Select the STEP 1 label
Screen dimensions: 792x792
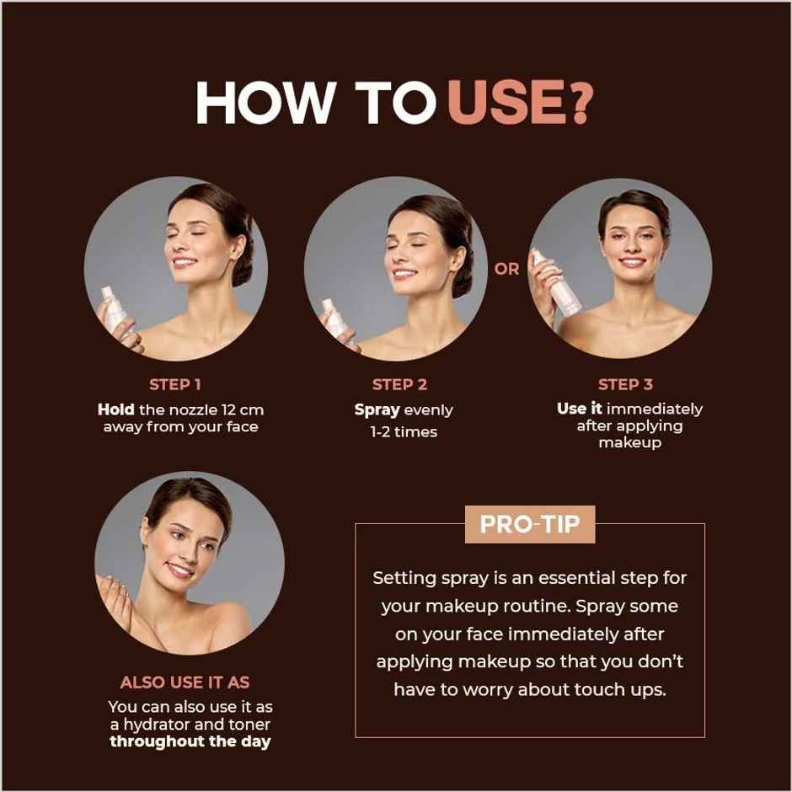click(x=175, y=384)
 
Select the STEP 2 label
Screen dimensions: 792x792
click(x=399, y=384)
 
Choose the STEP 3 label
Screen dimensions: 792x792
click(x=625, y=384)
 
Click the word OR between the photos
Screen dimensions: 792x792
click(x=507, y=270)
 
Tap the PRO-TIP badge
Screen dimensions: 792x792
click(x=530, y=524)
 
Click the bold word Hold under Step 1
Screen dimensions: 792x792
click(x=116, y=409)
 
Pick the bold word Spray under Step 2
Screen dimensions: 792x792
click(x=377, y=410)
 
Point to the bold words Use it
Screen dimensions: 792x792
click(x=580, y=409)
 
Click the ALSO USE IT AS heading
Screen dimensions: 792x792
click(x=185, y=682)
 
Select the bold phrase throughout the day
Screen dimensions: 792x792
click(x=190, y=742)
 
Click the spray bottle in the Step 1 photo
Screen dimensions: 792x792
click(x=113, y=312)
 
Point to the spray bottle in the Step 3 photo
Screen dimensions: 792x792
click(x=557, y=286)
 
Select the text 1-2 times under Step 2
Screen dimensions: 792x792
click(x=404, y=432)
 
